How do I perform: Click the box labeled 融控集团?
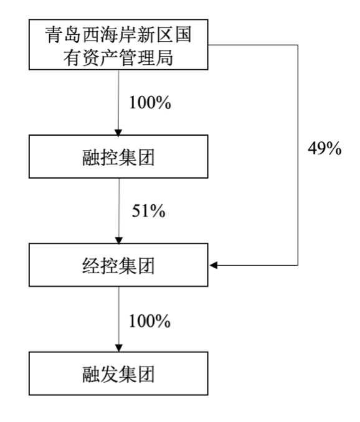[x=118, y=156]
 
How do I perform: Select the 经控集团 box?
[x=118, y=265]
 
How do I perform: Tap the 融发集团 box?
[x=118, y=373]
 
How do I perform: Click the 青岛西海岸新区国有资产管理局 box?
[x=118, y=45]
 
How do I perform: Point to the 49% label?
[x=324, y=148]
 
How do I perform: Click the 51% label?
[x=149, y=210]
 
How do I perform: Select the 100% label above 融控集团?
[x=150, y=103]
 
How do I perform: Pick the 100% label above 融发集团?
[x=149, y=321]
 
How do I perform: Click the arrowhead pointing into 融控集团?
[x=118, y=133]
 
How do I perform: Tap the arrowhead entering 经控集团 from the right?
[x=213, y=265]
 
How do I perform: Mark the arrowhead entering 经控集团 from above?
[x=119, y=241]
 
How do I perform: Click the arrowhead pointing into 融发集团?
[x=119, y=349]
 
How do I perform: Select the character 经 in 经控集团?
[x=91, y=266]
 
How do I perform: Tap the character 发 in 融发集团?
[x=109, y=374]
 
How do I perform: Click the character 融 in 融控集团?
[x=91, y=157]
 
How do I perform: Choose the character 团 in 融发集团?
[x=146, y=374]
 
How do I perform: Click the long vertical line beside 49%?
[x=298, y=155]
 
